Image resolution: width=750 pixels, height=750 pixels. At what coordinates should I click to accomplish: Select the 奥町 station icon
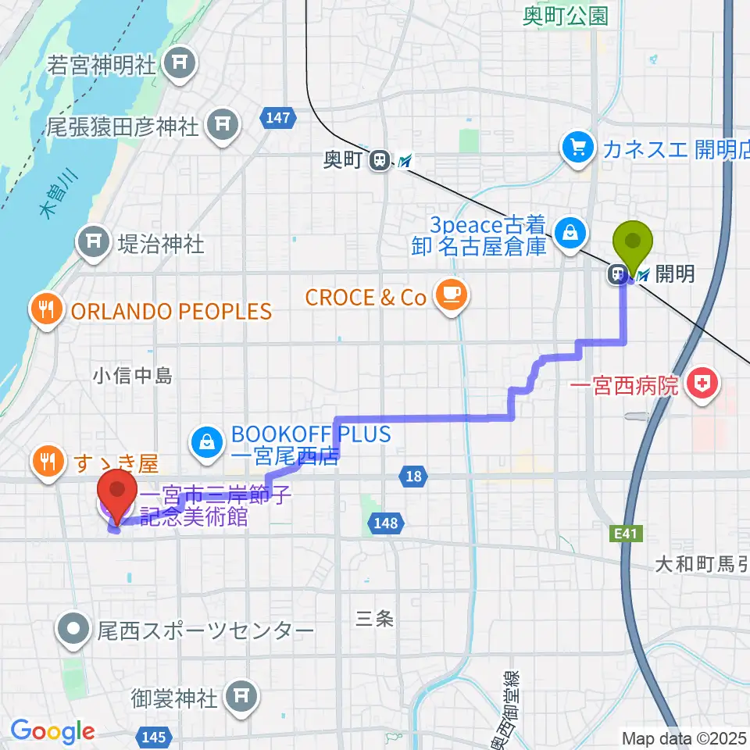(380, 160)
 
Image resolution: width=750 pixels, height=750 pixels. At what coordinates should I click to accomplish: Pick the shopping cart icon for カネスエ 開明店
(578, 147)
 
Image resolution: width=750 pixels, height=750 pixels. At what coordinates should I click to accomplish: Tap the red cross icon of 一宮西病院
(702, 384)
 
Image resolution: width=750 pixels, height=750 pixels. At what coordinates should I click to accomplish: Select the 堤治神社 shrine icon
(94, 243)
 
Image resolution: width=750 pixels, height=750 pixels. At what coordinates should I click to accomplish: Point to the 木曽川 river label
(54, 202)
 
